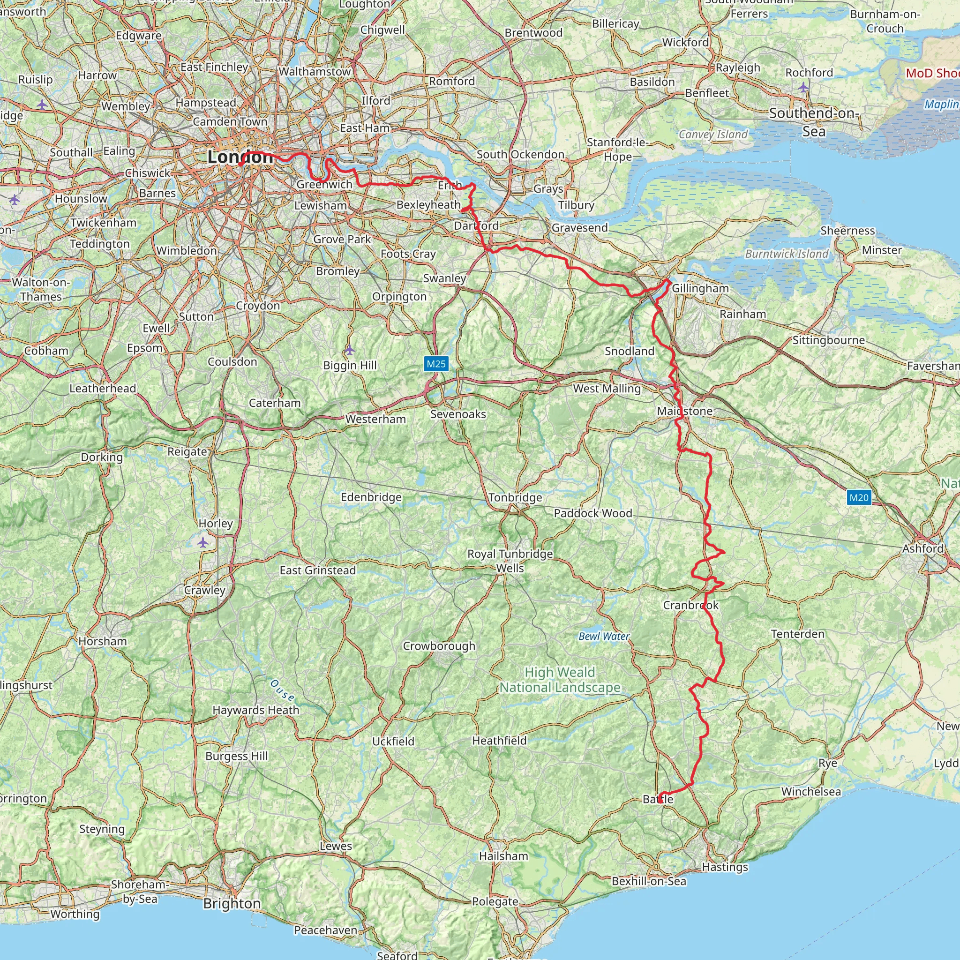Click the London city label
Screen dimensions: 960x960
point(240,157)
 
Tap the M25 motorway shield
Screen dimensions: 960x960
point(436,364)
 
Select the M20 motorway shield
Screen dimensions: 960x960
point(859,497)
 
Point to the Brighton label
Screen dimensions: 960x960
point(232,903)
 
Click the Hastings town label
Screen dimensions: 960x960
point(725,867)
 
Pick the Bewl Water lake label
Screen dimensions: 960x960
point(604,636)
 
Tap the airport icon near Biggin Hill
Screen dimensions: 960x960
point(349,350)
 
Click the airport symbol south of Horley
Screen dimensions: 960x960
point(202,542)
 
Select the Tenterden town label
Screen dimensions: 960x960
point(797,634)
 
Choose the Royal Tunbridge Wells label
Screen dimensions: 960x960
point(510,561)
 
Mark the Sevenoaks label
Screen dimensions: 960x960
point(458,414)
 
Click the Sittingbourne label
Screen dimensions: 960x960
point(828,340)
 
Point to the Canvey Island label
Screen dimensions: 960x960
point(712,134)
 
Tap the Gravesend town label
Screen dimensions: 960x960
point(579,227)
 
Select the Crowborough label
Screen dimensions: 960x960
point(439,646)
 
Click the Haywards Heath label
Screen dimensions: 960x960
point(256,710)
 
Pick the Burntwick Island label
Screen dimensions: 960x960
point(787,254)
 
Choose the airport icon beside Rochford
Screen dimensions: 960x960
point(803,88)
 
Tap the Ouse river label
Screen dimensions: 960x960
point(282,690)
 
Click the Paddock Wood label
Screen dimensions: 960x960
point(593,513)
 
